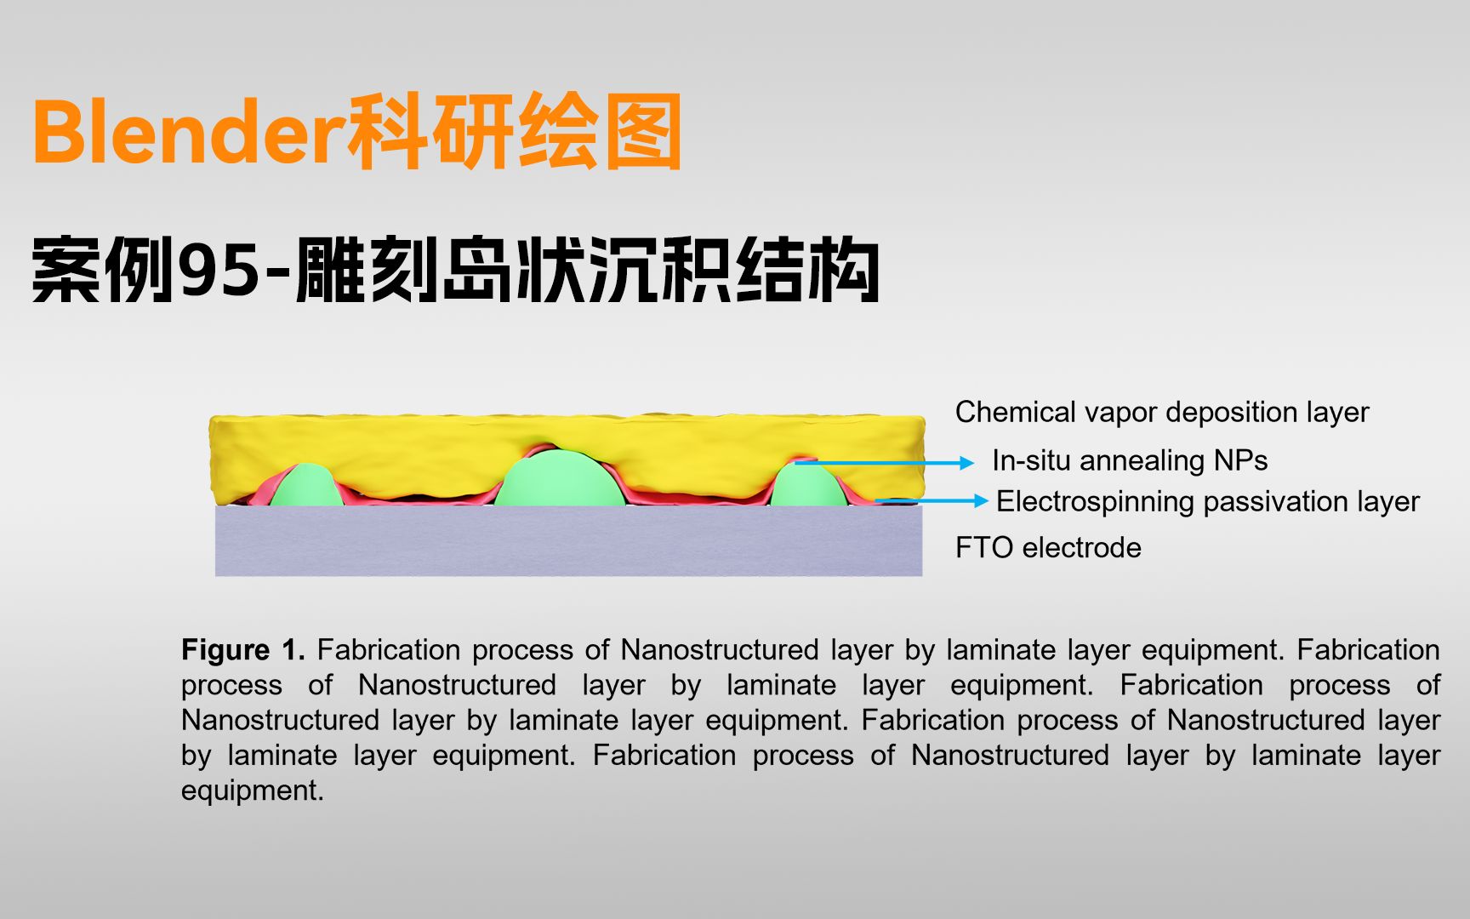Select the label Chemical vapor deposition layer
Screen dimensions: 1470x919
click(x=1162, y=413)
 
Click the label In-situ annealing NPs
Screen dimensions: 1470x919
click(x=1130, y=461)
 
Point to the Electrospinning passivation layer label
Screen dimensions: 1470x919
click(x=1208, y=502)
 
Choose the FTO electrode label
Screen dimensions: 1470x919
click(x=1048, y=548)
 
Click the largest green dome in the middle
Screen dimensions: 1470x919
click(x=560, y=478)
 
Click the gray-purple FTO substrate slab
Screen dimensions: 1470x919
click(x=568, y=541)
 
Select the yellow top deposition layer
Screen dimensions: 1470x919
click(x=567, y=447)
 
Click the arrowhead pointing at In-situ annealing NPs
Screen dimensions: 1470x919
click(x=967, y=463)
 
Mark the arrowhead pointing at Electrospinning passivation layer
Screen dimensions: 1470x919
click(x=980, y=501)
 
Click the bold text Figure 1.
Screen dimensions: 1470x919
click(x=243, y=650)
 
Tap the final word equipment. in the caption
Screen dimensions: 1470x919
click(x=253, y=791)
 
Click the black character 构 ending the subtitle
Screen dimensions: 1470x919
click(x=843, y=270)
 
